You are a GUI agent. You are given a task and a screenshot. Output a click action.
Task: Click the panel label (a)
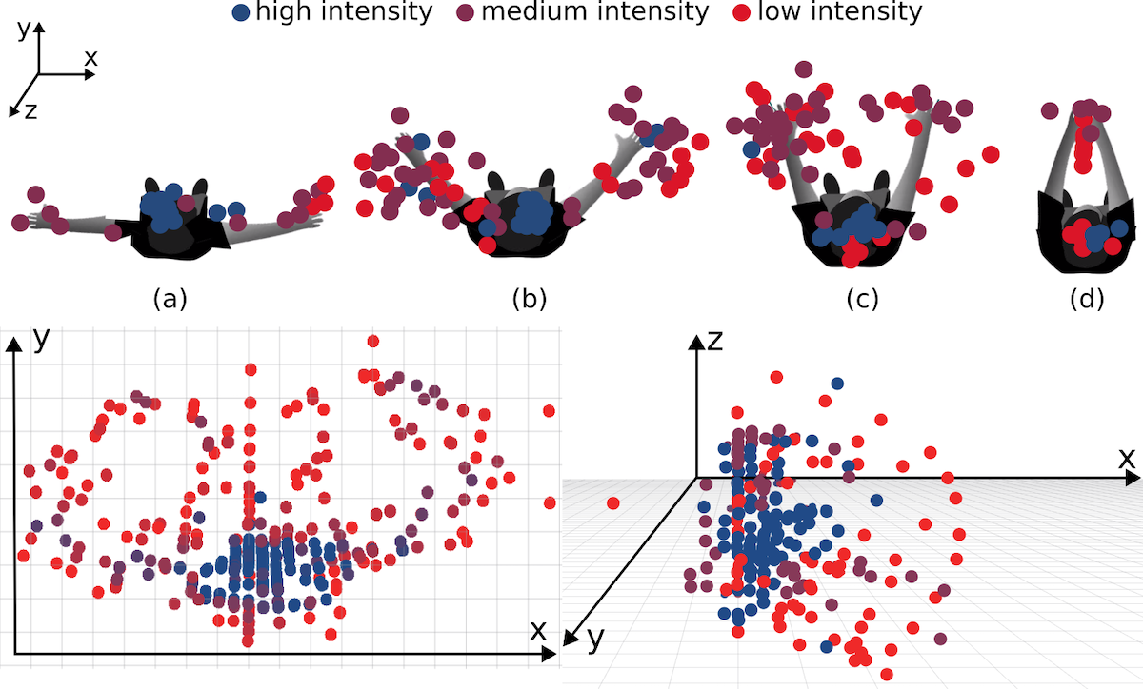point(170,299)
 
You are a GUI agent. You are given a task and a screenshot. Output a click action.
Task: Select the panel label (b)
point(530,299)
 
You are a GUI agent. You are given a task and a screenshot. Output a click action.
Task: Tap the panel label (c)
point(862,299)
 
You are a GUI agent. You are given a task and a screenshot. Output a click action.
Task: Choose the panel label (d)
point(1087,299)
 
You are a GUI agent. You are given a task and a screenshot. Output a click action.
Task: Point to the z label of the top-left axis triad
point(30,110)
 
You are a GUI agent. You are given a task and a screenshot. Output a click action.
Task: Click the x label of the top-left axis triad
point(90,57)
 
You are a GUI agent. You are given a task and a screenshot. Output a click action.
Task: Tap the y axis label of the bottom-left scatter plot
point(41,338)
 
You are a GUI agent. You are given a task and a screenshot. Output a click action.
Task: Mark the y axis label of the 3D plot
point(595,640)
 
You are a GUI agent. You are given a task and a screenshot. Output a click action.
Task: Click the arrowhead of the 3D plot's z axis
point(698,344)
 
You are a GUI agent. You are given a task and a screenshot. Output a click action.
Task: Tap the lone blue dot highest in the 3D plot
point(836,384)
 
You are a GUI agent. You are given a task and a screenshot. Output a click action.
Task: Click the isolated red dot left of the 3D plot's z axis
point(612,502)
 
